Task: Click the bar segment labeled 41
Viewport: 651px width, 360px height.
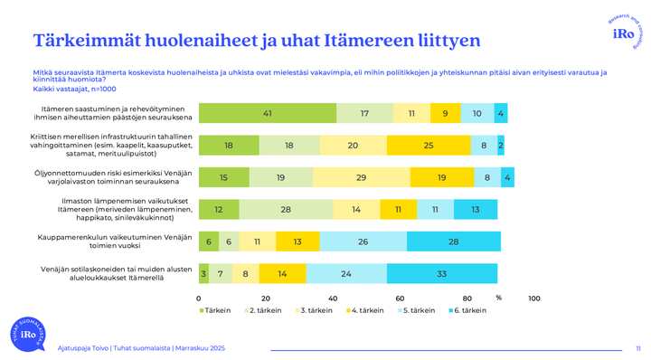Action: [268, 113]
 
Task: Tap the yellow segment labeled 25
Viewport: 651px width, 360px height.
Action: [429, 145]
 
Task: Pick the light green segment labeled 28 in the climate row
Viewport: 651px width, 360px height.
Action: [286, 209]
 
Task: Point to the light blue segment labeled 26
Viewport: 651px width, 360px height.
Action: [363, 241]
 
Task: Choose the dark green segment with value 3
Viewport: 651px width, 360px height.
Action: [203, 272]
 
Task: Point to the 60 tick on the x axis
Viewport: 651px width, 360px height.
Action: [400, 298]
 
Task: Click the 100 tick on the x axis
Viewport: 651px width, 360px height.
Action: [533, 298]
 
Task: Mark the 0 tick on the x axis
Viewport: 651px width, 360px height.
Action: [199, 298]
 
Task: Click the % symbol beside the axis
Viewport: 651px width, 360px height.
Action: [498, 297]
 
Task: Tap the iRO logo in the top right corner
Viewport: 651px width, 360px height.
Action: [623, 33]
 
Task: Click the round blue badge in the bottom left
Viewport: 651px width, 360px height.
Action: [25, 334]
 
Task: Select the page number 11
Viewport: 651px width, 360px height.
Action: [637, 347]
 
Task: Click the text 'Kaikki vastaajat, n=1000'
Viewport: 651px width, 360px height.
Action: [76, 89]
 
